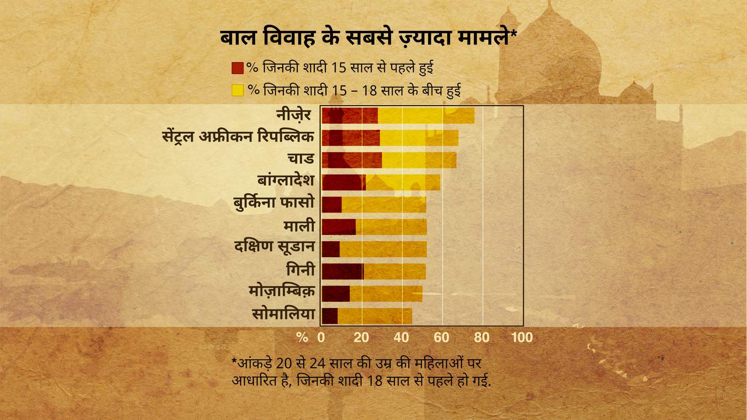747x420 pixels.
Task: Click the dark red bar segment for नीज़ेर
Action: point(349,115)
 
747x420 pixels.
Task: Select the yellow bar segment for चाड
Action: point(419,160)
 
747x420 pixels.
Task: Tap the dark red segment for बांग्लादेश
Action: point(344,183)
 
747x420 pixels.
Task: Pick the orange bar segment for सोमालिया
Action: point(375,315)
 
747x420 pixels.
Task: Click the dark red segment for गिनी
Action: point(342,271)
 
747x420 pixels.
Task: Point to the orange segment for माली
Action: point(391,227)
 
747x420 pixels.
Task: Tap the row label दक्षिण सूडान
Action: point(274,248)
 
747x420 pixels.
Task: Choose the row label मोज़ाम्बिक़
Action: point(281,292)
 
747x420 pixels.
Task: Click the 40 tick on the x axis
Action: point(401,337)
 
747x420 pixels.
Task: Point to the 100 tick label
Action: point(522,337)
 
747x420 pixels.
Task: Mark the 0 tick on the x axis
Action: point(321,337)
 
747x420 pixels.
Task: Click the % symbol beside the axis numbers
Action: point(302,337)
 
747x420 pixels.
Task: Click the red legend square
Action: point(237,68)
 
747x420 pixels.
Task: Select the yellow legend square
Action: point(237,90)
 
